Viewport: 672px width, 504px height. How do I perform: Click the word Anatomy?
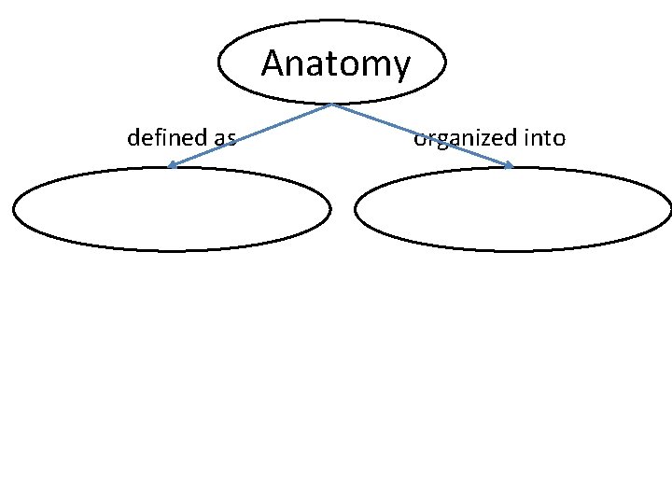click(x=335, y=63)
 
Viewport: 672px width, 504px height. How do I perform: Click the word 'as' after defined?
click(x=224, y=138)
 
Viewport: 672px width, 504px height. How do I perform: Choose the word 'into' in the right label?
click(x=545, y=138)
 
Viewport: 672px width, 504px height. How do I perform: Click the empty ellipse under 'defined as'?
click(x=171, y=209)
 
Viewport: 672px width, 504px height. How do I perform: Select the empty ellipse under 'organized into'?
click(x=512, y=209)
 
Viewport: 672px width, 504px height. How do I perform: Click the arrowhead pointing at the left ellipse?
click(x=173, y=166)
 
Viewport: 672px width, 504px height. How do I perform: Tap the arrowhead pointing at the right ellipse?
click(x=509, y=166)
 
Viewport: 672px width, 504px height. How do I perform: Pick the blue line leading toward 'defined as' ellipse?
click(x=252, y=134)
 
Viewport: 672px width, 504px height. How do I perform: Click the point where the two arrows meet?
click(x=332, y=104)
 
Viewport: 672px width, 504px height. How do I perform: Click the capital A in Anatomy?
click(x=273, y=63)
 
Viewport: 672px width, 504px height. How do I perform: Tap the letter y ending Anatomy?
click(x=400, y=67)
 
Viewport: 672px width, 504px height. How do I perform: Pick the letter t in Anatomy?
click(x=323, y=63)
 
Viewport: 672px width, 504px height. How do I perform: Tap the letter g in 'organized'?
click(x=441, y=141)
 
